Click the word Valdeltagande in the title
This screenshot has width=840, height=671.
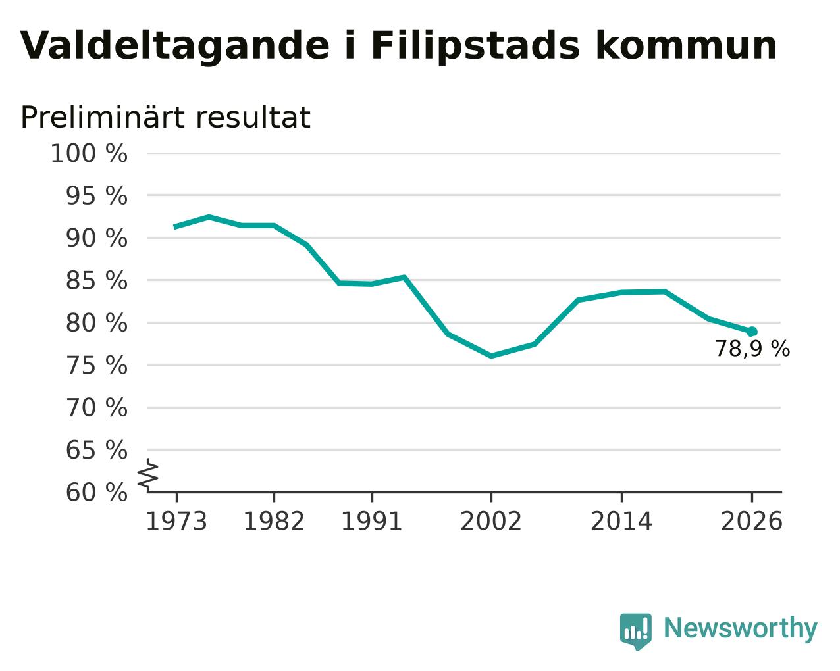point(175,46)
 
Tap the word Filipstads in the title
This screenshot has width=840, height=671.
point(475,46)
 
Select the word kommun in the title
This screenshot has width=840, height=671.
point(686,45)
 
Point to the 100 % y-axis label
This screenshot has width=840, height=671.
point(89,153)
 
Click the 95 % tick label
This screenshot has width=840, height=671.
point(96,195)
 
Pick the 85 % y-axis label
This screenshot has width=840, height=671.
point(96,280)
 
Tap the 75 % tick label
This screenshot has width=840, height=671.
point(96,366)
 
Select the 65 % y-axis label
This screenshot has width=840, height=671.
point(96,450)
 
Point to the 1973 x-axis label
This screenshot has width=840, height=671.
point(176,521)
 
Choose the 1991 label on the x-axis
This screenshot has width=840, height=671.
point(371,521)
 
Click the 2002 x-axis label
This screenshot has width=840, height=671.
point(490,521)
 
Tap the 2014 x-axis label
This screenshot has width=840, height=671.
point(621,521)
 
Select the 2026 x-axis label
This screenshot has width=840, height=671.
point(751,521)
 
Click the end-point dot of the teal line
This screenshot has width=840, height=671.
point(752,332)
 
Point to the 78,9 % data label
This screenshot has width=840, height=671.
point(752,349)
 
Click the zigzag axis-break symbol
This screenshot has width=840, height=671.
point(148,476)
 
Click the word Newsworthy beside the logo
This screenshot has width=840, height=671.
point(741,628)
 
